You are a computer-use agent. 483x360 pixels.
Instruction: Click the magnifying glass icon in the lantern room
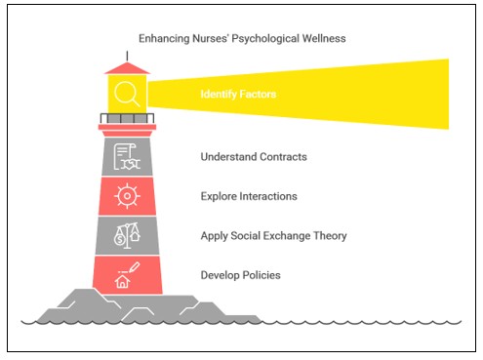point(127,94)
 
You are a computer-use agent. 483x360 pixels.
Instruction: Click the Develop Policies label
point(240,275)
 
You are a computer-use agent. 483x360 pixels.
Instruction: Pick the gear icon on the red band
point(126,196)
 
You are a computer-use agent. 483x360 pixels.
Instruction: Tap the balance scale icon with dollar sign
point(127,235)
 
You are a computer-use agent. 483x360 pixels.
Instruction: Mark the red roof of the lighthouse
point(127,66)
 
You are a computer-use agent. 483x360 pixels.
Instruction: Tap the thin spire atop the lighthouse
point(127,51)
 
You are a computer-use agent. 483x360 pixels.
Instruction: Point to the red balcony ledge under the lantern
point(127,127)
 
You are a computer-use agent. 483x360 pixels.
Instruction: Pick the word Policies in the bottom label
point(261,275)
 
